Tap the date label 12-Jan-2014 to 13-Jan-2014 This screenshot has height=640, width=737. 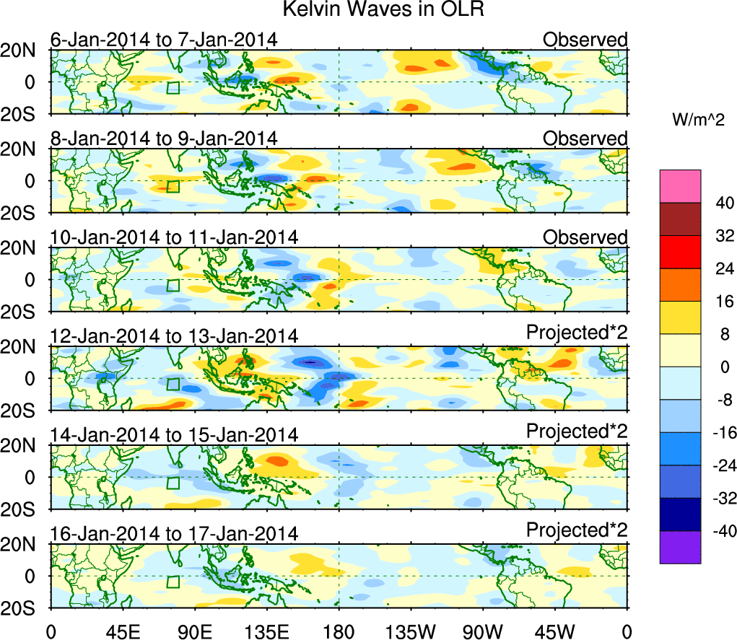point(174,336)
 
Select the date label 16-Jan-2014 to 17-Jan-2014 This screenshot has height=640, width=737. point(174,534)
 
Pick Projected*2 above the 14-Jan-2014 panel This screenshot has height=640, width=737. point(577,431)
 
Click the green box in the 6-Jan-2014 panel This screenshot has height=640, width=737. point(173,88)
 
